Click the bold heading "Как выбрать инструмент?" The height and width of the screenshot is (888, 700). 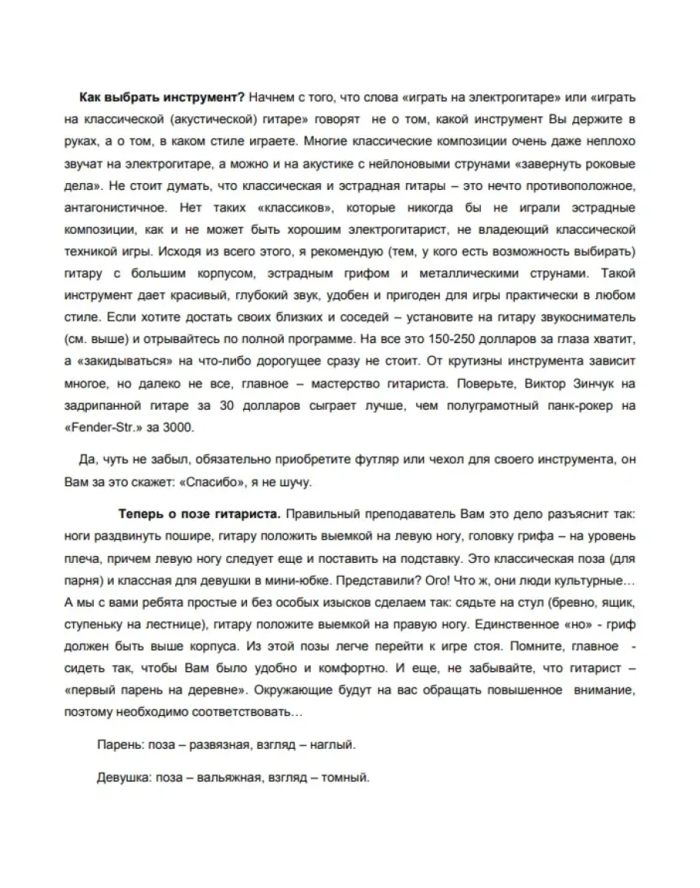pos(162,99)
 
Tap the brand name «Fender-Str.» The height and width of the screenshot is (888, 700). pos(109,427)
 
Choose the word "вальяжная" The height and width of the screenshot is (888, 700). pos(226,777)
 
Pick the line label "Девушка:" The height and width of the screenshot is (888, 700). pos(123,777)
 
